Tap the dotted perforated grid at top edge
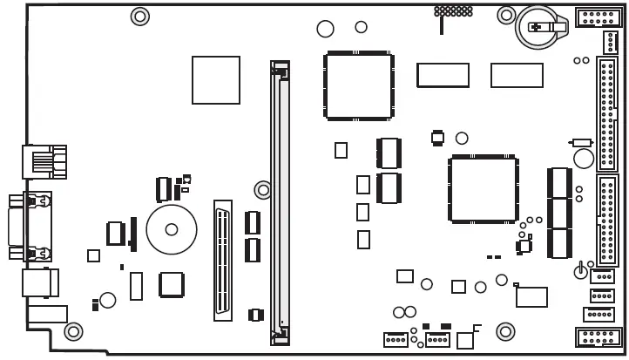tap(453, 11)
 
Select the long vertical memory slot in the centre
tap(280, 201)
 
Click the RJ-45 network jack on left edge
tap(43, 161)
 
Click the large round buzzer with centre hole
tap(172, 229)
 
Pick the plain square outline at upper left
tap(215, 80)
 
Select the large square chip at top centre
tap(358, 86)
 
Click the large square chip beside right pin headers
tap(483, 189)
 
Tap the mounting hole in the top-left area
tap(139, 16)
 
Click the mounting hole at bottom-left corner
tap(73, 331)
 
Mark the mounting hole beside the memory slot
tap(262, 189)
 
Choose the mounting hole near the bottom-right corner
tap(505, 331)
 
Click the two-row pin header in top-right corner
tap(599, 16)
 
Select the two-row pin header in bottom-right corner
tap(599, 338)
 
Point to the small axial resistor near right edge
tap(581, 142)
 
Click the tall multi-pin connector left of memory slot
tap(223, 261)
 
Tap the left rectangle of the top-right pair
tap(443, 75)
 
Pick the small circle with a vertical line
tap(580, 272)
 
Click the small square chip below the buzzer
tap(171, 285)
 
